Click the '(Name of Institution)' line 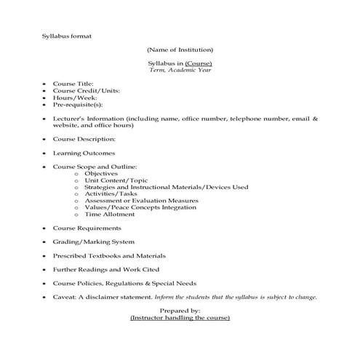click(180, 49)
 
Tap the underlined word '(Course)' click(198, 65)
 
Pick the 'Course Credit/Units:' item click(87, 91)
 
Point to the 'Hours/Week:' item click(75, 97)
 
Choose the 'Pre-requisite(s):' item click(79, 105)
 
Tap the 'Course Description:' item click(84, 138)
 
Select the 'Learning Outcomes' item click(84, 153)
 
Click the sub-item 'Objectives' click(101, 174)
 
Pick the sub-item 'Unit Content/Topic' click(116, 180)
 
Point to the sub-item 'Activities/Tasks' click(111, 194)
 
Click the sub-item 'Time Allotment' click(109, 215)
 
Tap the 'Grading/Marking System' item click(93, 241)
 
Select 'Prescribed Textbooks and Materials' click(109, 255)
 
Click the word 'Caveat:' click(66, 297)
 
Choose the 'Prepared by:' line click(180, 311)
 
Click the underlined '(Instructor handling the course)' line click(180, 318)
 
